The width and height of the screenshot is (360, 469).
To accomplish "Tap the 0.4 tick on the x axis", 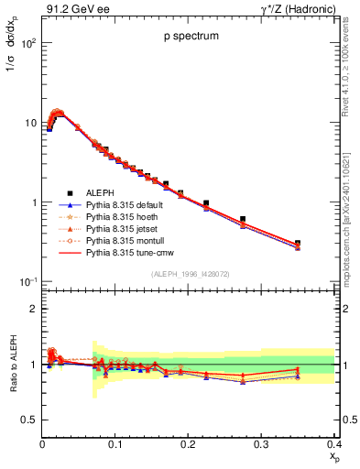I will [333, 444].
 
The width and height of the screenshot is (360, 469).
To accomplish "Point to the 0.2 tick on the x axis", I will [188, 444].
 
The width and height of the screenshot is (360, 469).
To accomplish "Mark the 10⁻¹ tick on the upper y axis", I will [28, 282].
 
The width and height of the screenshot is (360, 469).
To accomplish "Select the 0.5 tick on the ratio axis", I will [30, 420].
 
